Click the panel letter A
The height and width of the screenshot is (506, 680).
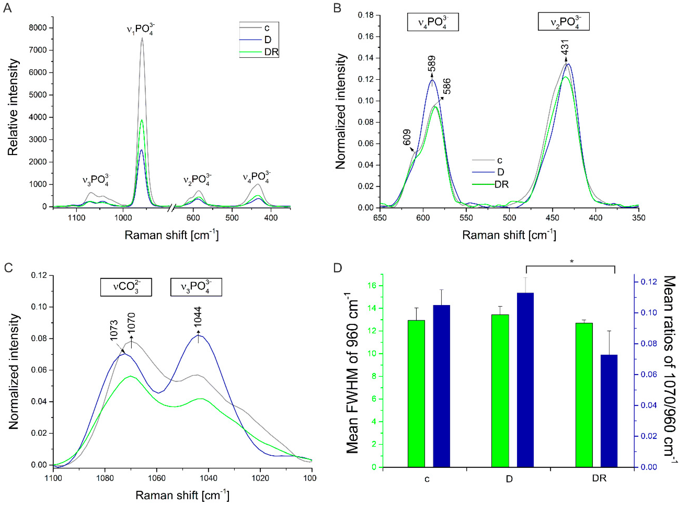(x=7, y=8)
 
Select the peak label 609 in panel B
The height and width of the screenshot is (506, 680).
(x=406, y=137)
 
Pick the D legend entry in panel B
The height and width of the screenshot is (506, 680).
(x=500, y=172)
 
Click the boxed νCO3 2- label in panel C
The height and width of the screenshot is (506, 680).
(x=126, y=287)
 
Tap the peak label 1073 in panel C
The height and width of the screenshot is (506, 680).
(x=114, y=330)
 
